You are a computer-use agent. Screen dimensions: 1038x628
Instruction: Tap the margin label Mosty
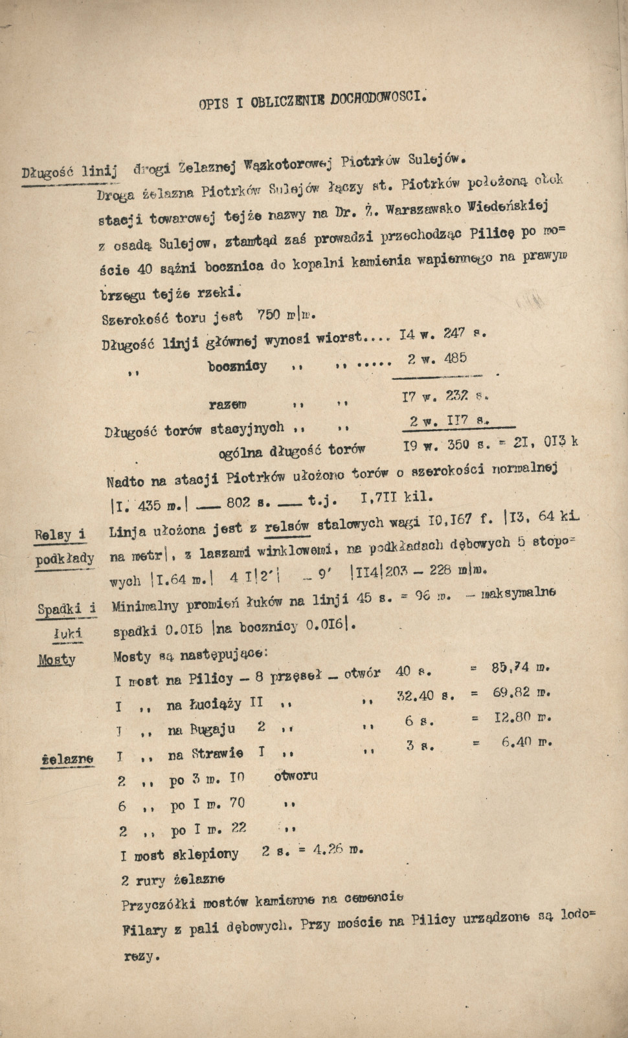point(56,659)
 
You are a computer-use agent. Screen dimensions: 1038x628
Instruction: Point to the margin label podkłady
point(65,558)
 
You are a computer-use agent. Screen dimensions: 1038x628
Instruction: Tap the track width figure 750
point(269,315)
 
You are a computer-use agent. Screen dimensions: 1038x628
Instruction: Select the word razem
point(227,404)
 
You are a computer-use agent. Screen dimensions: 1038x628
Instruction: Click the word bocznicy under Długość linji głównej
point(237,366)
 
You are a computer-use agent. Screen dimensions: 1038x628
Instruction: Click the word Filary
point(144,931)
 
